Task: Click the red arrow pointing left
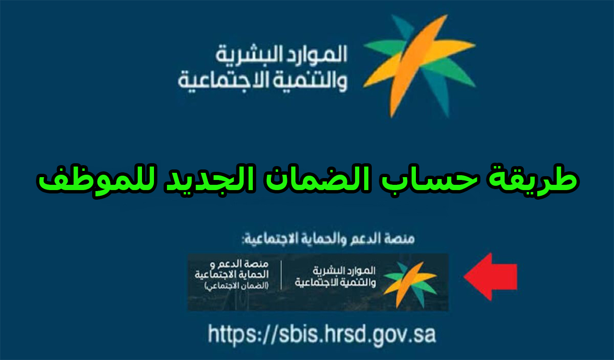coord(490,276)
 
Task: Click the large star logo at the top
coord(419,66)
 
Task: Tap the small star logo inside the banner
coord(410,285)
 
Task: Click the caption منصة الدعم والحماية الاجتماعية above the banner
coord(328,239)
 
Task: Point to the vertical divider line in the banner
coord(281,275)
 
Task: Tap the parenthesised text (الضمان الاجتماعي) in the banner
coord(236,286)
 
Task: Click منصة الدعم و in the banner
coord(239,264)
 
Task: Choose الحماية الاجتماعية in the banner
coord(232,275)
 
